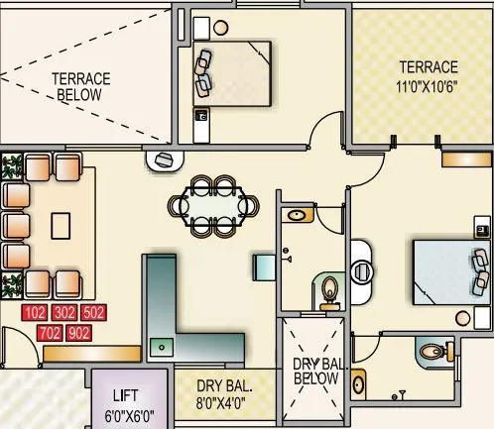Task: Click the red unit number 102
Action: pyautogui.click(x=36, y=313)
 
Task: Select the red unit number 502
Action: pyautogui.click(x=93, y=313)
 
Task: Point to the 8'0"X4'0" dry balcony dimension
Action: pyautogui.click(x=225, y=403)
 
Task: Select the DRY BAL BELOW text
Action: pyautogui.click(x=316, y=372)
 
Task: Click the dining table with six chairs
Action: pyautogui.click(x=213, y=205)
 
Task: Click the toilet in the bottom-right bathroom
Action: pyautogui.click(x=431, y=351)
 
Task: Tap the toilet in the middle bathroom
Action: pyautogui.click(x=331, y=290)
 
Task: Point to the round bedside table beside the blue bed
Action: pyautogui.click(x=460, y=317)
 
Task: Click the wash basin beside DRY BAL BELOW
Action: pyautogui.click(x=358, y=379)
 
